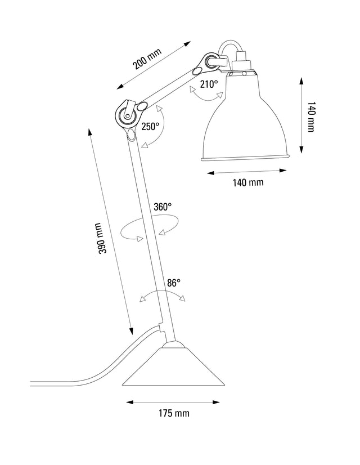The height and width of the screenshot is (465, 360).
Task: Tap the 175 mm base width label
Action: click(x=173, y=413)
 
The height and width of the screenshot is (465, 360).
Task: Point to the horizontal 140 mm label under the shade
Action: click(x=248, y=182)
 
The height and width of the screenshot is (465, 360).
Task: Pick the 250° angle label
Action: click(x=150, y=127)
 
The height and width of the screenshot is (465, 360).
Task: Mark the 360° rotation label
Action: click(x=162, y=207)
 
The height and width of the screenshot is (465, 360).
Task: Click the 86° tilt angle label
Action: click(x=173, y=283)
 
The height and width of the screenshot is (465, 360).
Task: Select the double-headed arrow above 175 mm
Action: click(x=172, y=402)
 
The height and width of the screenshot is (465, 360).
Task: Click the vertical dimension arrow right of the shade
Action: click(x=302, y=115)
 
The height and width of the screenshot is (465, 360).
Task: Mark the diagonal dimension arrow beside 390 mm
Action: click(x=110, y=231)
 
